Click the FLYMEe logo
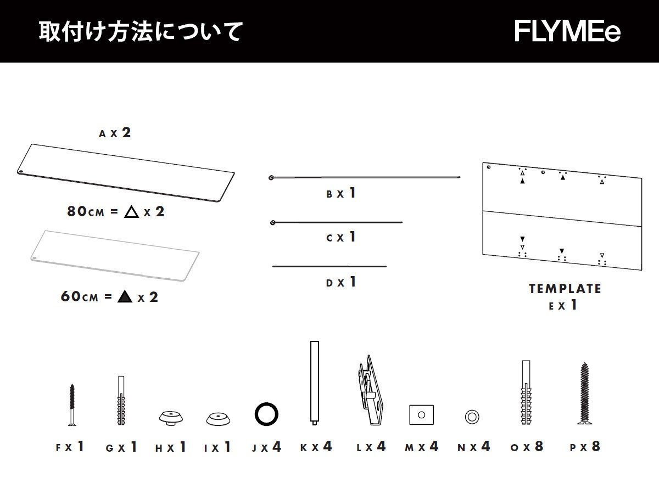point(567,31)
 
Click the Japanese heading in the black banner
point(140,31)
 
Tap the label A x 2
point(115,133)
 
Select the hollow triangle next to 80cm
point(130,212)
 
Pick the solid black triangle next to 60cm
point(125,297)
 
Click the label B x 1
point(341,193)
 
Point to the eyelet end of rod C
point(273,222)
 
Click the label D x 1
point(341,283)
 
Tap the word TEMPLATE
point(565,289)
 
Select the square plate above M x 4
point(421,414)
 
